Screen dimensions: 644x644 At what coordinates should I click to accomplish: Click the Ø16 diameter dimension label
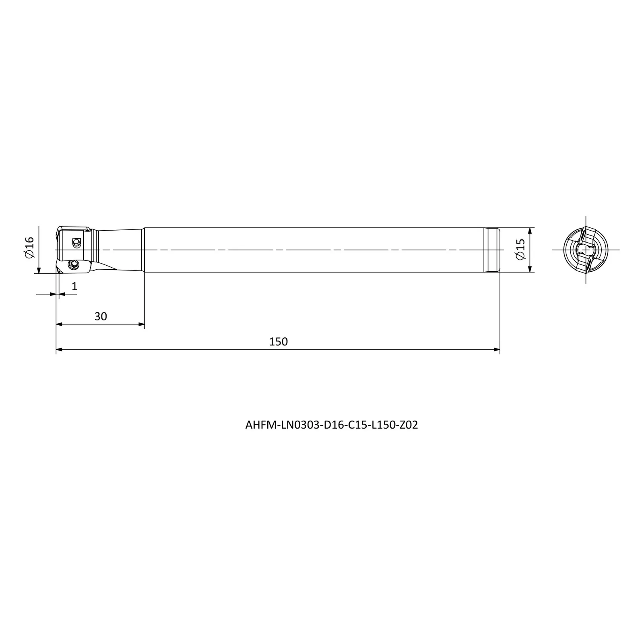29,248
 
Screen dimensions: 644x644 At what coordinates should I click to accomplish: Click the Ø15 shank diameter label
520,250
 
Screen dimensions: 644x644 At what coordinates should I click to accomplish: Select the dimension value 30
101,316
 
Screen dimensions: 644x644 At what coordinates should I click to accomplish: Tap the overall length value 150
278,341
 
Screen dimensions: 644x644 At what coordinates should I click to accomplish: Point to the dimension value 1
74,286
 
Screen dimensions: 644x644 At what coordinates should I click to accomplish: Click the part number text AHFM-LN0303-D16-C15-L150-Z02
332,425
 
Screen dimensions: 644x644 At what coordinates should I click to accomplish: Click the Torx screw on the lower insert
73,264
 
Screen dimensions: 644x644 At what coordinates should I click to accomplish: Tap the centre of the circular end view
586,250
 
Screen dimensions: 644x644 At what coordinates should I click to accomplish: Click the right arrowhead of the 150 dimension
497,349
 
